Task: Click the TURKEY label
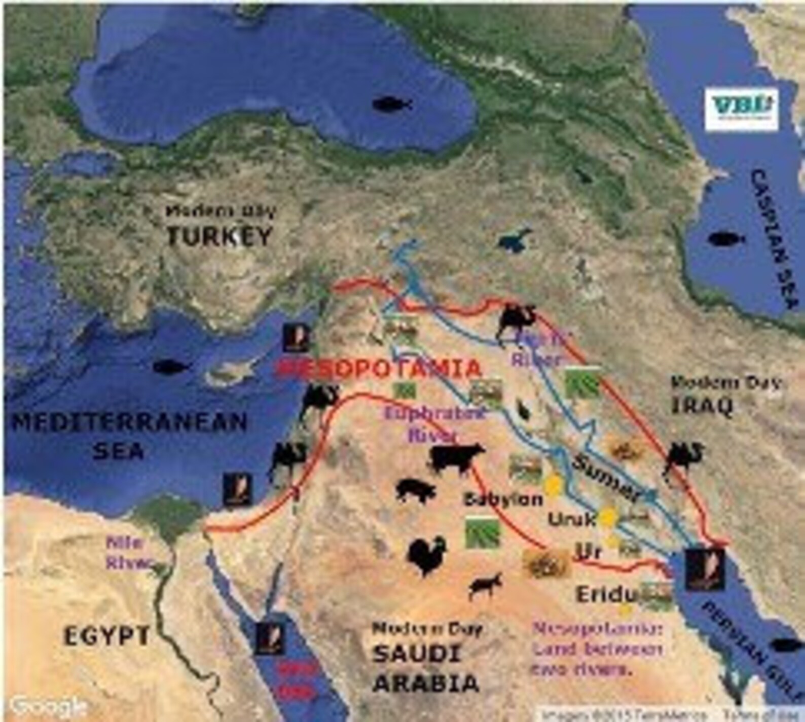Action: (x=219, y=236)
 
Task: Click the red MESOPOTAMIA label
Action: (x=379, y=369)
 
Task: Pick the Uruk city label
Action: (x=571, y=519)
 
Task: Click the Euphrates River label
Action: (x=434, y=423)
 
